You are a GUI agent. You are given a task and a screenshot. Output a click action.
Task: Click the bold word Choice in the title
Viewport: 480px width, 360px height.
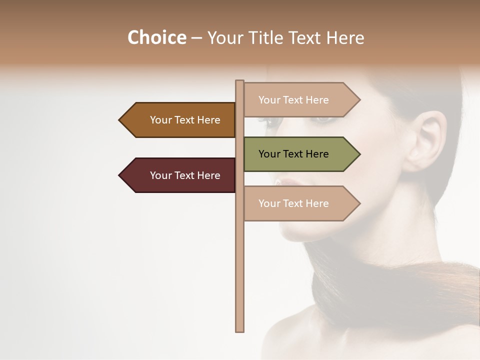click(x=156, y=38)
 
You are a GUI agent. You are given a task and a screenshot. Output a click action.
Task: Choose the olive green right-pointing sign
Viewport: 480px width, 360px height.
click(x=295, y=154)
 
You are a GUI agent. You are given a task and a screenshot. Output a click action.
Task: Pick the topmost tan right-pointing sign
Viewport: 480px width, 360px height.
click(x=295, y=99)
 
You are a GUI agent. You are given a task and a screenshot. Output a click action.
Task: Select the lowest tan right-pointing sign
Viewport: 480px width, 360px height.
click(x=295, y=203)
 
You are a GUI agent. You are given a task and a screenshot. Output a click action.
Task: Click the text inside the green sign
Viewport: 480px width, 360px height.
click(x=293, y=154)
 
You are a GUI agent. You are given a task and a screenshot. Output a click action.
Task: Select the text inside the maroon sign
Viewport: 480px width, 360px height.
click(x=185, y=175)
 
